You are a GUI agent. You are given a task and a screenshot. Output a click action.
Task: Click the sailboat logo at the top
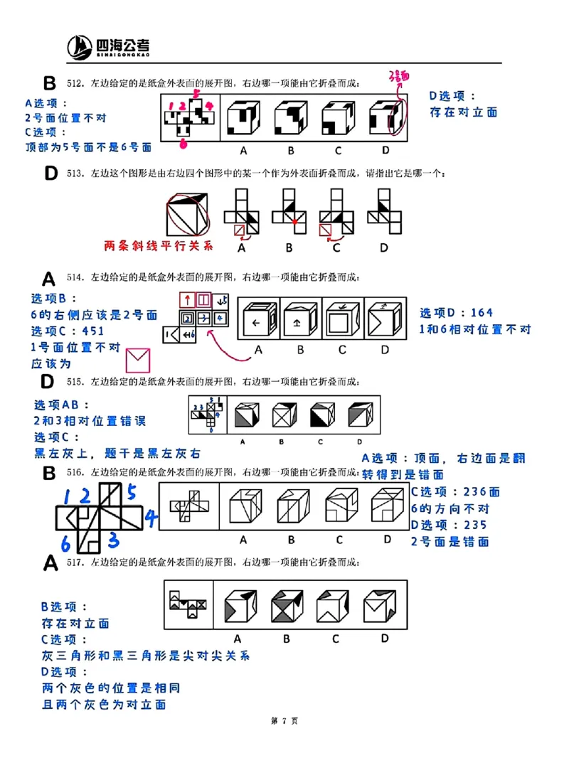(x=80, y=48)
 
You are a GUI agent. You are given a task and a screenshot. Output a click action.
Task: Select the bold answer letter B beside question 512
(x=48, y=83)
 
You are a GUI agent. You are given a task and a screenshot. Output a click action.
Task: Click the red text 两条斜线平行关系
(x=158, y=246)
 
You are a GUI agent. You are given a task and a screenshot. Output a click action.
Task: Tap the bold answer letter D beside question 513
(x=50, y=173)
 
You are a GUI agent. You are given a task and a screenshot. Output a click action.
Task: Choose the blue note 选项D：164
(x=456, y=312)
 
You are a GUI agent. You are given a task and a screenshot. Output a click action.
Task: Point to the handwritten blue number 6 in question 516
(x=65, y=544)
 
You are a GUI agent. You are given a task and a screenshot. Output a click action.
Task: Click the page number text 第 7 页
(x=284, y=720)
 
